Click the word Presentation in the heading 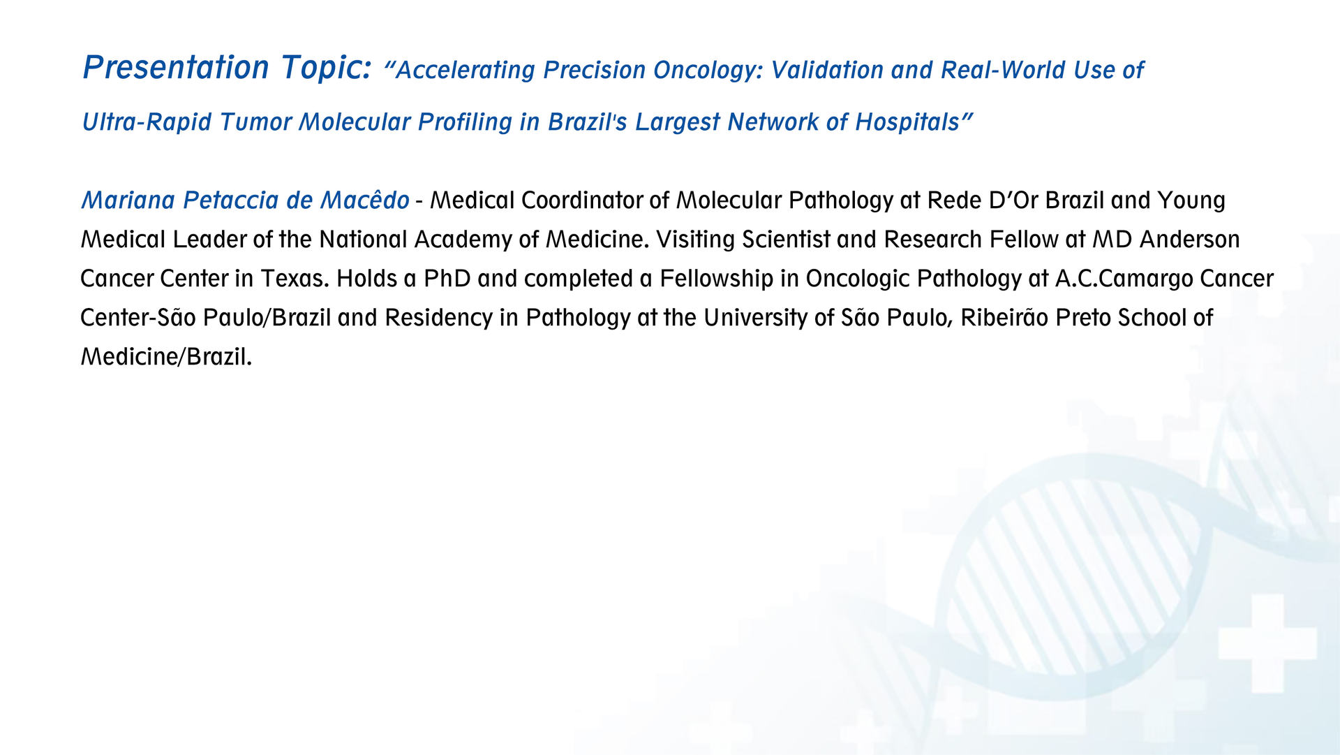coord(176,68)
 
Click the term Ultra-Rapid coord(147,122)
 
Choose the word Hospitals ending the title coord(907,122)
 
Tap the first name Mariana coord(129,200)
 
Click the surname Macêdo coord(364,200)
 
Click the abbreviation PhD coord(447,279)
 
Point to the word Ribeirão coord(1004,318)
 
